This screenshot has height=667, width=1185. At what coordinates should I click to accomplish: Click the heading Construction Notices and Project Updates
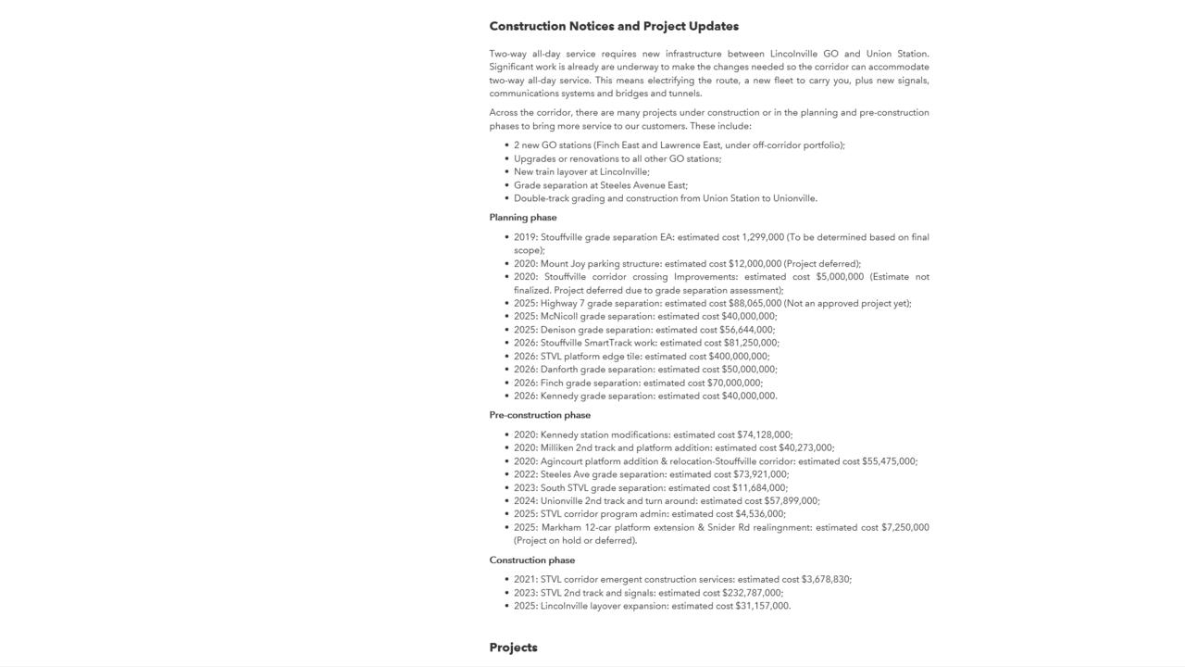click(614, 26)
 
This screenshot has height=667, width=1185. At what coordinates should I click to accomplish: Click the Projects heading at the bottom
click(513, 648)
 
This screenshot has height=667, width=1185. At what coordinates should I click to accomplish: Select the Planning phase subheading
click(523, 218)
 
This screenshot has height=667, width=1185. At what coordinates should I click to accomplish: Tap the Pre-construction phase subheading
click(540, 415)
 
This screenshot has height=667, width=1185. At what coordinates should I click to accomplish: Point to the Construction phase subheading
click(532, 560)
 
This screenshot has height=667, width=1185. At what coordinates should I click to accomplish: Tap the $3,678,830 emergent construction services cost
click(825, 580)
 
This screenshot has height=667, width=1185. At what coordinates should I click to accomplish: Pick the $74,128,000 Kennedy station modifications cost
click(764, 435)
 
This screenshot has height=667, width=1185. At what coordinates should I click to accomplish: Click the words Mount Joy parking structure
click(601, 264)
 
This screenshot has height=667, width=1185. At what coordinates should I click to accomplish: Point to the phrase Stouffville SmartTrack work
click(598, 343)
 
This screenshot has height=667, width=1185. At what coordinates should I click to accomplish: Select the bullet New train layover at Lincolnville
click(581, 172)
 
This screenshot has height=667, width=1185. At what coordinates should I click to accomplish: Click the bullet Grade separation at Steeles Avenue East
click(601, 185)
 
